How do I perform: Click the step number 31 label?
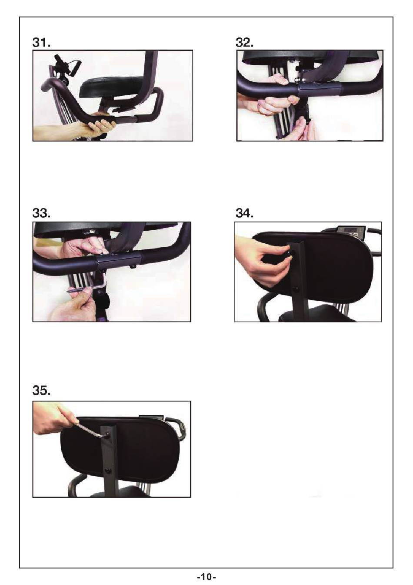[x=41, y=43]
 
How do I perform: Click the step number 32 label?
[x=244, y=42]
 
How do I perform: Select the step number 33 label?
[x=41, y=213]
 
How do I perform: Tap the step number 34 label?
[x=244, y=213]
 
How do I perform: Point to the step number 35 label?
[x=41, y=391]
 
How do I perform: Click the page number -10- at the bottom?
[x=206, y=577]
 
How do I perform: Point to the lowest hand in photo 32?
[x=305, y=128]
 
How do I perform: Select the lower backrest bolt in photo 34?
[x=296, y=289]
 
